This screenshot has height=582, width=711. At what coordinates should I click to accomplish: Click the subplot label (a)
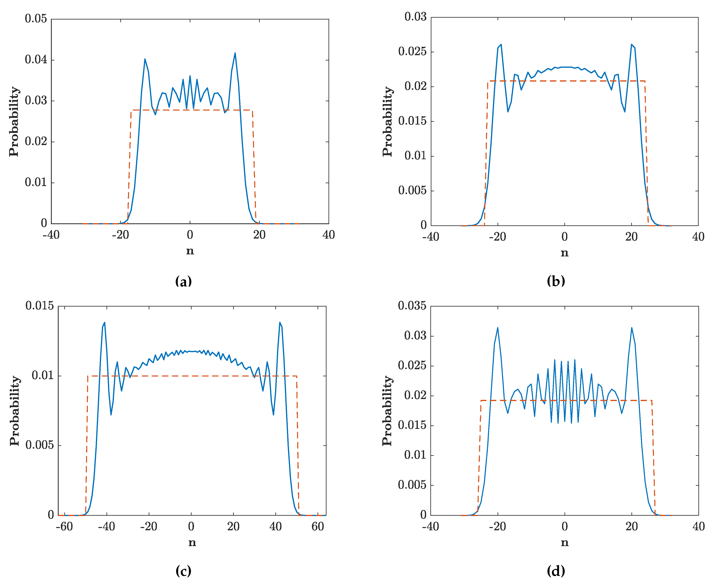coord(183,281)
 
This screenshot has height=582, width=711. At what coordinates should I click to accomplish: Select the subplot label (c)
coord(183,571)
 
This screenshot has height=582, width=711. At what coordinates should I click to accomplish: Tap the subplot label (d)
coord(556,571)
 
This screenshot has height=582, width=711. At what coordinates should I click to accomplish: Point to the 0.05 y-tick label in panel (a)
coord(36,19)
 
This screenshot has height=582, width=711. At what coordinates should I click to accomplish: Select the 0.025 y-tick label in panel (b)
coord(412,52)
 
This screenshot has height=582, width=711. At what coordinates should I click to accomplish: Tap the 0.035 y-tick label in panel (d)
coord(412,306)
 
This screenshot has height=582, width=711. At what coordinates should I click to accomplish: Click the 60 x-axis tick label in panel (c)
coord(318,527)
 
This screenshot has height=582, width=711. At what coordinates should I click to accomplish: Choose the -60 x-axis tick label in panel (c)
coord(64,527)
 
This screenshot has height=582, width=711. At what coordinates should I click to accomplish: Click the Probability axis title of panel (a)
coord(14,121)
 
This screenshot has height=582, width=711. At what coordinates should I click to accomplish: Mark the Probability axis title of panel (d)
coord(387,411)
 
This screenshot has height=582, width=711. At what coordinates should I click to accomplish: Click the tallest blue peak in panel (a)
coord(235,53)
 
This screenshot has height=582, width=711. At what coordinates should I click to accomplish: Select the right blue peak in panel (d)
coord(631,328)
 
